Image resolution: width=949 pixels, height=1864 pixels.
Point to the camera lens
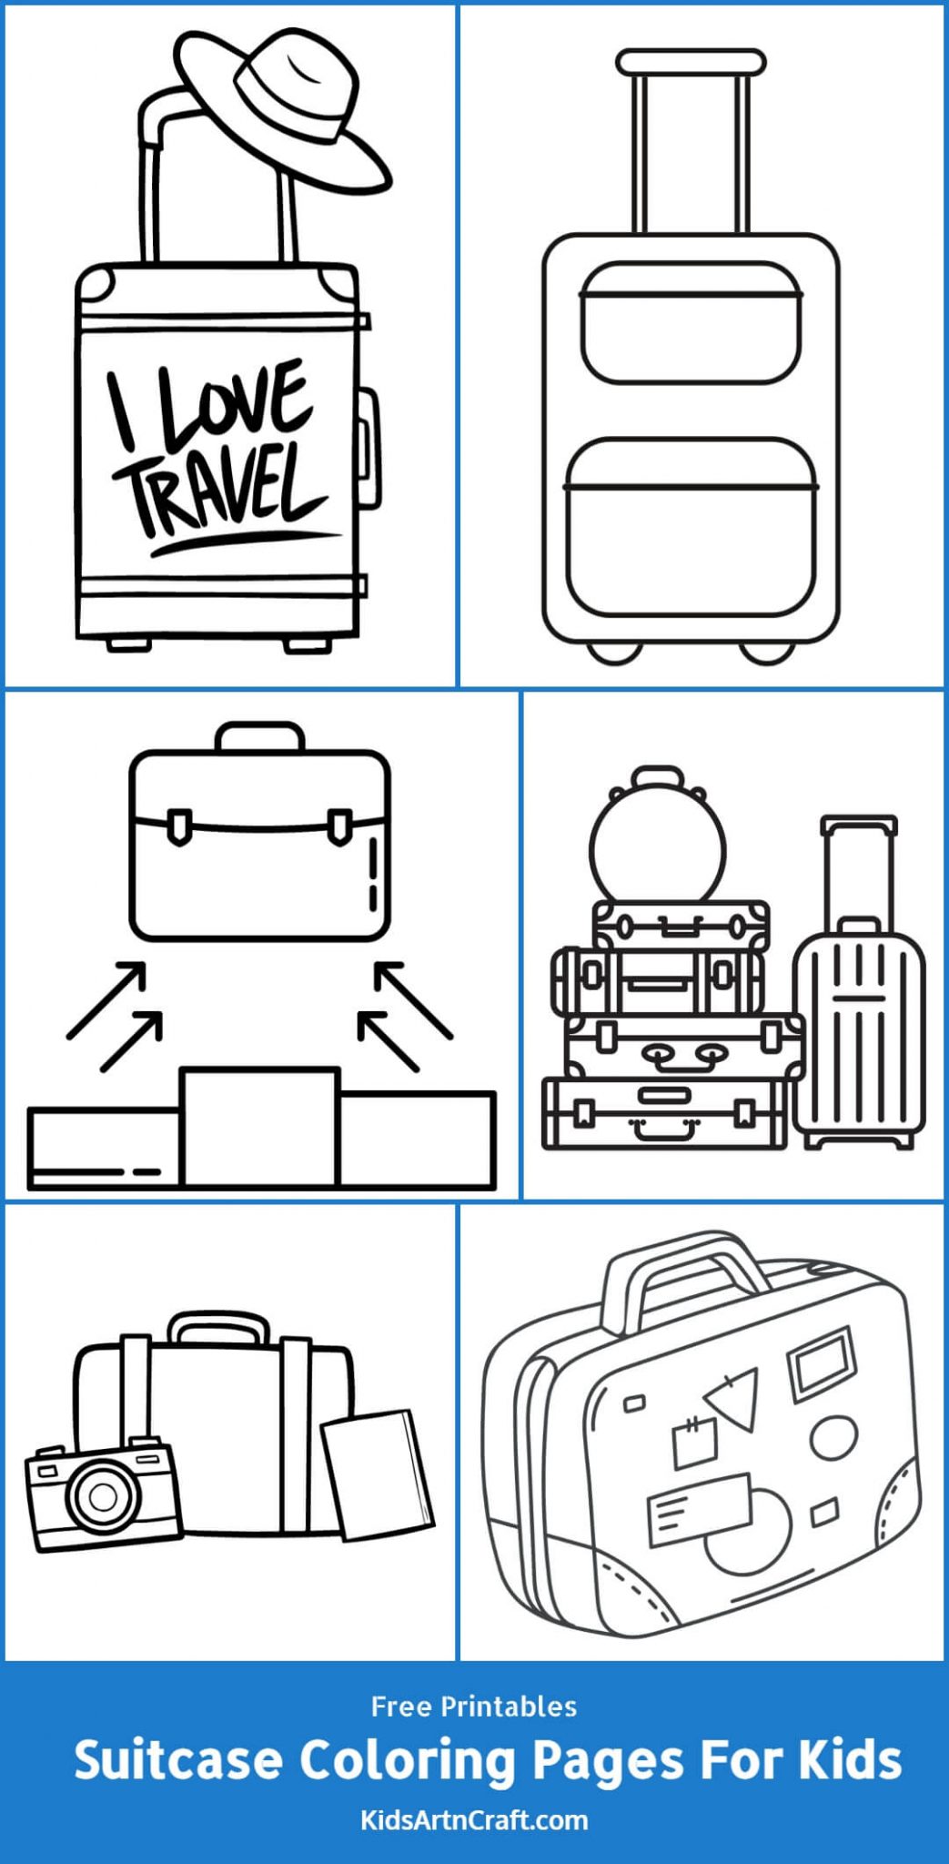(x=102, y=1496)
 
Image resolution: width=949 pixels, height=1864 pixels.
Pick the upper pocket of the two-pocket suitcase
(x=692, y=323)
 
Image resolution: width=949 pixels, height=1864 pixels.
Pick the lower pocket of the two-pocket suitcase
(x=692, y=528)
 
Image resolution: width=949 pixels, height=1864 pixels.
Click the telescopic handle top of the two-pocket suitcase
(x=691, y=62)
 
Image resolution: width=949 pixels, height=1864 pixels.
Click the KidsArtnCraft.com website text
(x=474, y=1820)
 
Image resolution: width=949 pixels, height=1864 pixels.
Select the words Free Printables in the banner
(x=474, y=1707)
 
